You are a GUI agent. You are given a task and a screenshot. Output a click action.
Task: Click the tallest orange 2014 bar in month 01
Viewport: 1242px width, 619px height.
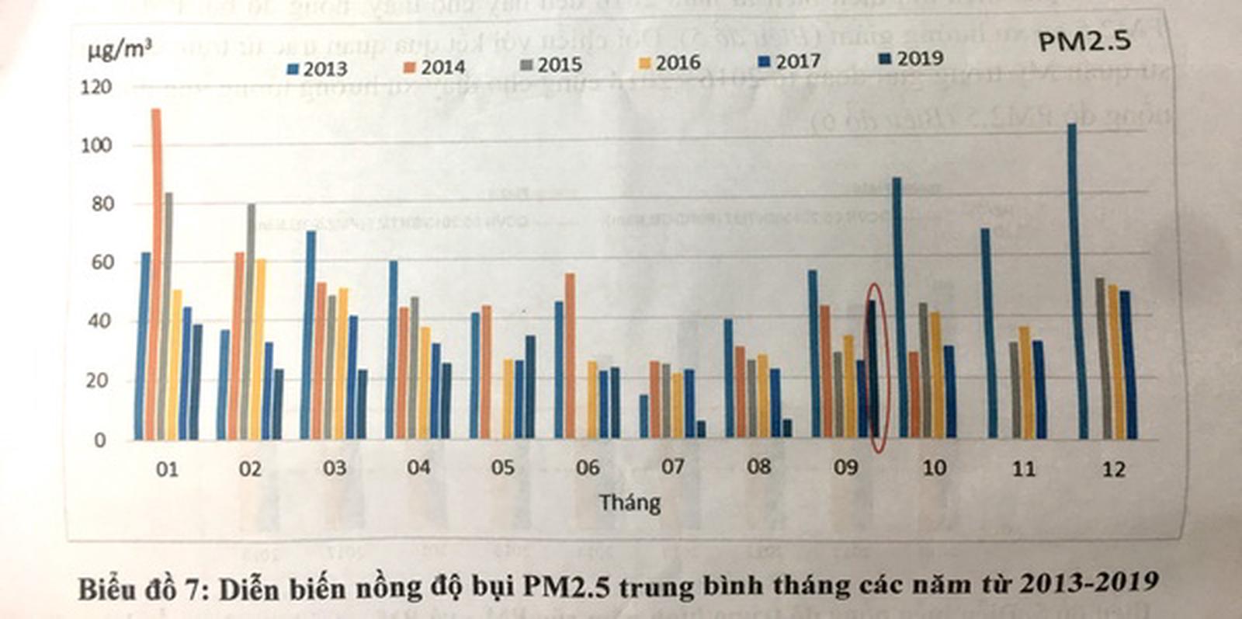pyautogui.click(x=156, y=272)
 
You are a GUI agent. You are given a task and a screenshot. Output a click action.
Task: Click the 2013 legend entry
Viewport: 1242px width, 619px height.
pyautogui.click(x=317, y=68)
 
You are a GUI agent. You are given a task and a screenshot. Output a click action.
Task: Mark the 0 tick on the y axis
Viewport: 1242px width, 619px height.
pyautogui.click(x=99, y=440)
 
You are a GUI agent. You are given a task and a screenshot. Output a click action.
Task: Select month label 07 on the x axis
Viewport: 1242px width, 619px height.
pyautogui.click(x=672, y=467)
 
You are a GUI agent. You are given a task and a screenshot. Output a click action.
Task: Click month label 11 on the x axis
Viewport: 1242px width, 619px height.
pyautogui.click(x=1023, y=468)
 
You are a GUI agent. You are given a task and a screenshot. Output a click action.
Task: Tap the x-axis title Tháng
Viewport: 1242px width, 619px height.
pyautogui.click(x=630, y=503)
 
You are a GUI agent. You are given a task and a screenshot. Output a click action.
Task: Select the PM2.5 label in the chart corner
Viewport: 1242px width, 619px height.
pyautogui.click(x=1084, y=41)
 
